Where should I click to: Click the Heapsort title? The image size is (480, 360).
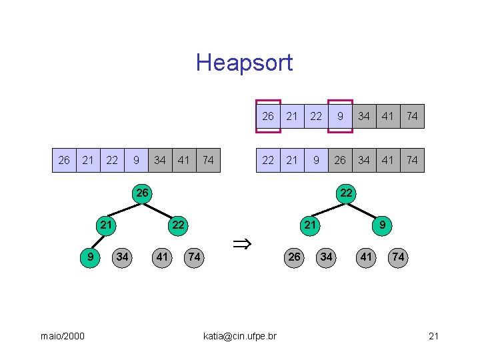244,63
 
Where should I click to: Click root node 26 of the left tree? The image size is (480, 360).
142,193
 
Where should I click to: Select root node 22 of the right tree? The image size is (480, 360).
346,193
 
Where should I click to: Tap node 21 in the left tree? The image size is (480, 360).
106,225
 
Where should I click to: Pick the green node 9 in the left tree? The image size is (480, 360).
90,257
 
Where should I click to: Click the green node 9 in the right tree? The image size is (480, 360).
382,225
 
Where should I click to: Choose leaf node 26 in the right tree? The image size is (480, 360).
294,257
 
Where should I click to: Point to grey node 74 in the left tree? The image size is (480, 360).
194,257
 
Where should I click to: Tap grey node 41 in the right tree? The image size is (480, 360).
366,257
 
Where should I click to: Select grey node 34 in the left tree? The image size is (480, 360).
122,257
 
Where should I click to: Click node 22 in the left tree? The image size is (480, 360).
178,225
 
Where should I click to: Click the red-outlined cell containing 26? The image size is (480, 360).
268,116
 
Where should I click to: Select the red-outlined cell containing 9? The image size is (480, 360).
340,116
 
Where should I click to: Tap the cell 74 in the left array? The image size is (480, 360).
208,160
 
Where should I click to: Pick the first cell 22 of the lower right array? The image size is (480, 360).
268,160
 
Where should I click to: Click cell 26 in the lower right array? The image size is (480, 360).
340,160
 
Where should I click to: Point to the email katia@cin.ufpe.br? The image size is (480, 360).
239,336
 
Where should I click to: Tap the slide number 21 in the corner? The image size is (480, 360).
433,336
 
